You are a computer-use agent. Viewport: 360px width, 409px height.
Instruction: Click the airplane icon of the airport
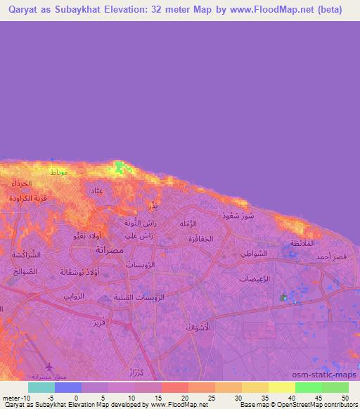[49, 366]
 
